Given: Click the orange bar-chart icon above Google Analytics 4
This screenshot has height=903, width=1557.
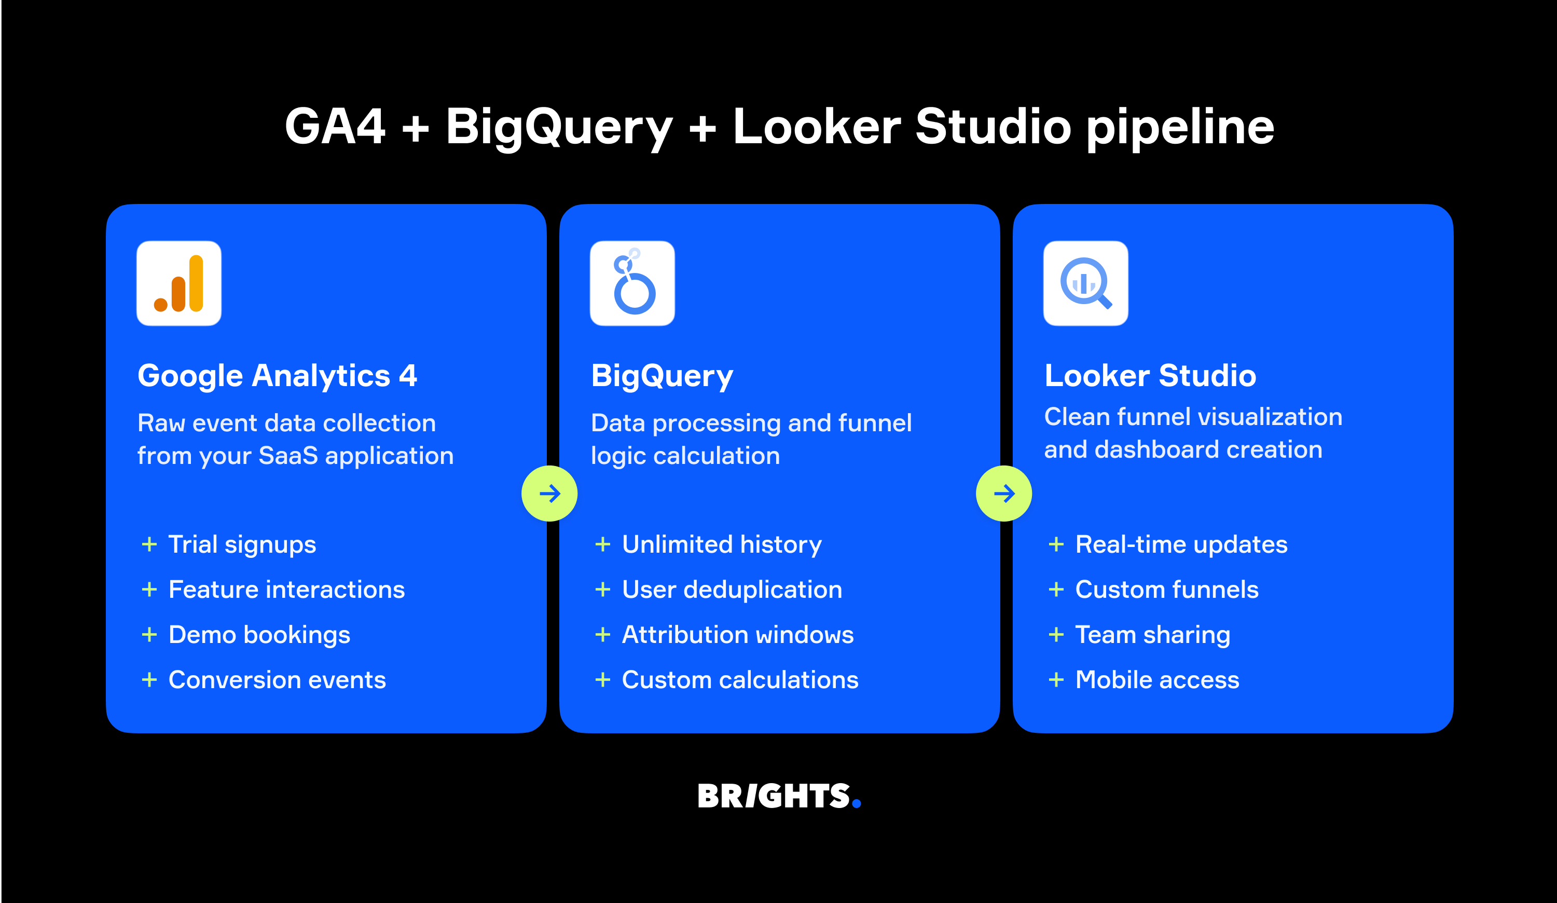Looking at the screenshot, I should (178, 283).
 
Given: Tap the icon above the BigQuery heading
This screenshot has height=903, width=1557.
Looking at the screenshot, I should (632, 283).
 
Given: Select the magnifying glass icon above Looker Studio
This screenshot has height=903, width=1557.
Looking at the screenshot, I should (1085, 283).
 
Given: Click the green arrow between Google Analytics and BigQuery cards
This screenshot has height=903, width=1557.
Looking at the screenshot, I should (549, 493).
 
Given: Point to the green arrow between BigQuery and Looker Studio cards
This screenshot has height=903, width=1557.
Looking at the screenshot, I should (1003, 493).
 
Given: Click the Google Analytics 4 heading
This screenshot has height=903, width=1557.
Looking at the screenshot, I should (277, 376).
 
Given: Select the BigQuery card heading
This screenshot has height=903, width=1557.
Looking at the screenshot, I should (662, 376).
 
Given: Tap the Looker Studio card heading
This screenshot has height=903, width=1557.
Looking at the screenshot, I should (1150, 376).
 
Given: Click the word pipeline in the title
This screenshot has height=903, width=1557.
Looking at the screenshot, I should (1180, 127).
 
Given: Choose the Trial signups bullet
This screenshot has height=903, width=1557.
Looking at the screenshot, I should (242, 544).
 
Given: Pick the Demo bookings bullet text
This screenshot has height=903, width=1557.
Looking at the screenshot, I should (259, 635).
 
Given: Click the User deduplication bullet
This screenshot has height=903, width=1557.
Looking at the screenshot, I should (732, 590).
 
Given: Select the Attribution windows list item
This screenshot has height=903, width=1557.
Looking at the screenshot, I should (737, 635).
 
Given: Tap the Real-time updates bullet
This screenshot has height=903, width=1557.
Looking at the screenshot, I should (1181, 544).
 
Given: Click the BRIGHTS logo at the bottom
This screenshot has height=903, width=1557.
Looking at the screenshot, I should (774, 796).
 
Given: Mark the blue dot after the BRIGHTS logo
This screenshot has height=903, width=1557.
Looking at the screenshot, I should (857, 803).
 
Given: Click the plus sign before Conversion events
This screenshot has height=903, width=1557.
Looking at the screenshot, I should (149, 680).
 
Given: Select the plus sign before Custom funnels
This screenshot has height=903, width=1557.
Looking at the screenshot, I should (1056, 590).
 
